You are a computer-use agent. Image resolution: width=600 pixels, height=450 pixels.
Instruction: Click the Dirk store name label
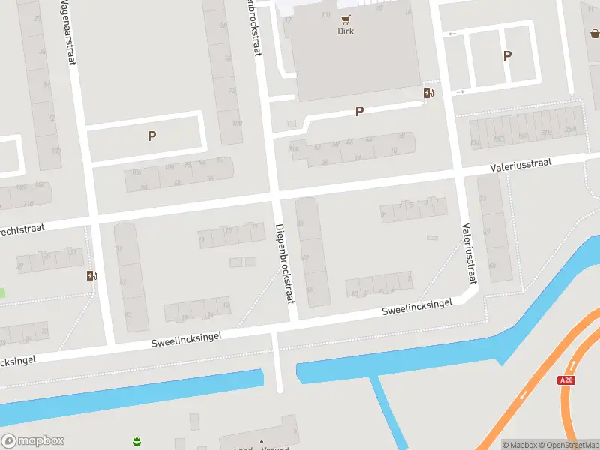point(346,31)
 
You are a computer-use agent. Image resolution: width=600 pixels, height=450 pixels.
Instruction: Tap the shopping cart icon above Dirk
point(346,19)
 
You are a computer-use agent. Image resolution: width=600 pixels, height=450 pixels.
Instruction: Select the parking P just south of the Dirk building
point(359,112)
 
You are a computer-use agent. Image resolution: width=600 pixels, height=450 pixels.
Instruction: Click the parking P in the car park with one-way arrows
point(507,55)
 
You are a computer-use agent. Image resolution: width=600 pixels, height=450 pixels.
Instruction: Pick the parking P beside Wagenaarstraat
point(152,136)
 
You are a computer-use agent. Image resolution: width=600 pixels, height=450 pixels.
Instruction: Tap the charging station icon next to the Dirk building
point(428,92)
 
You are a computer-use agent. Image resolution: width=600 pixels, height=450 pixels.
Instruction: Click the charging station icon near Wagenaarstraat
point(91,275)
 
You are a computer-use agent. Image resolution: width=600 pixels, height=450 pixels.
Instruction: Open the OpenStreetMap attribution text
point(572,445)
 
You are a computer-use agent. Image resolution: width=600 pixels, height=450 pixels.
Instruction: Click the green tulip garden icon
point(136,439)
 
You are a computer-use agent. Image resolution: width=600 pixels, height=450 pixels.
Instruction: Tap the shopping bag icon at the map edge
point(595,33)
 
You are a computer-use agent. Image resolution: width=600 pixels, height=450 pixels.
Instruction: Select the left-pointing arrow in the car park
point(452,34)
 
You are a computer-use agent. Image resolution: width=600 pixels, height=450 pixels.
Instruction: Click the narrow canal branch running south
point(390,412)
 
